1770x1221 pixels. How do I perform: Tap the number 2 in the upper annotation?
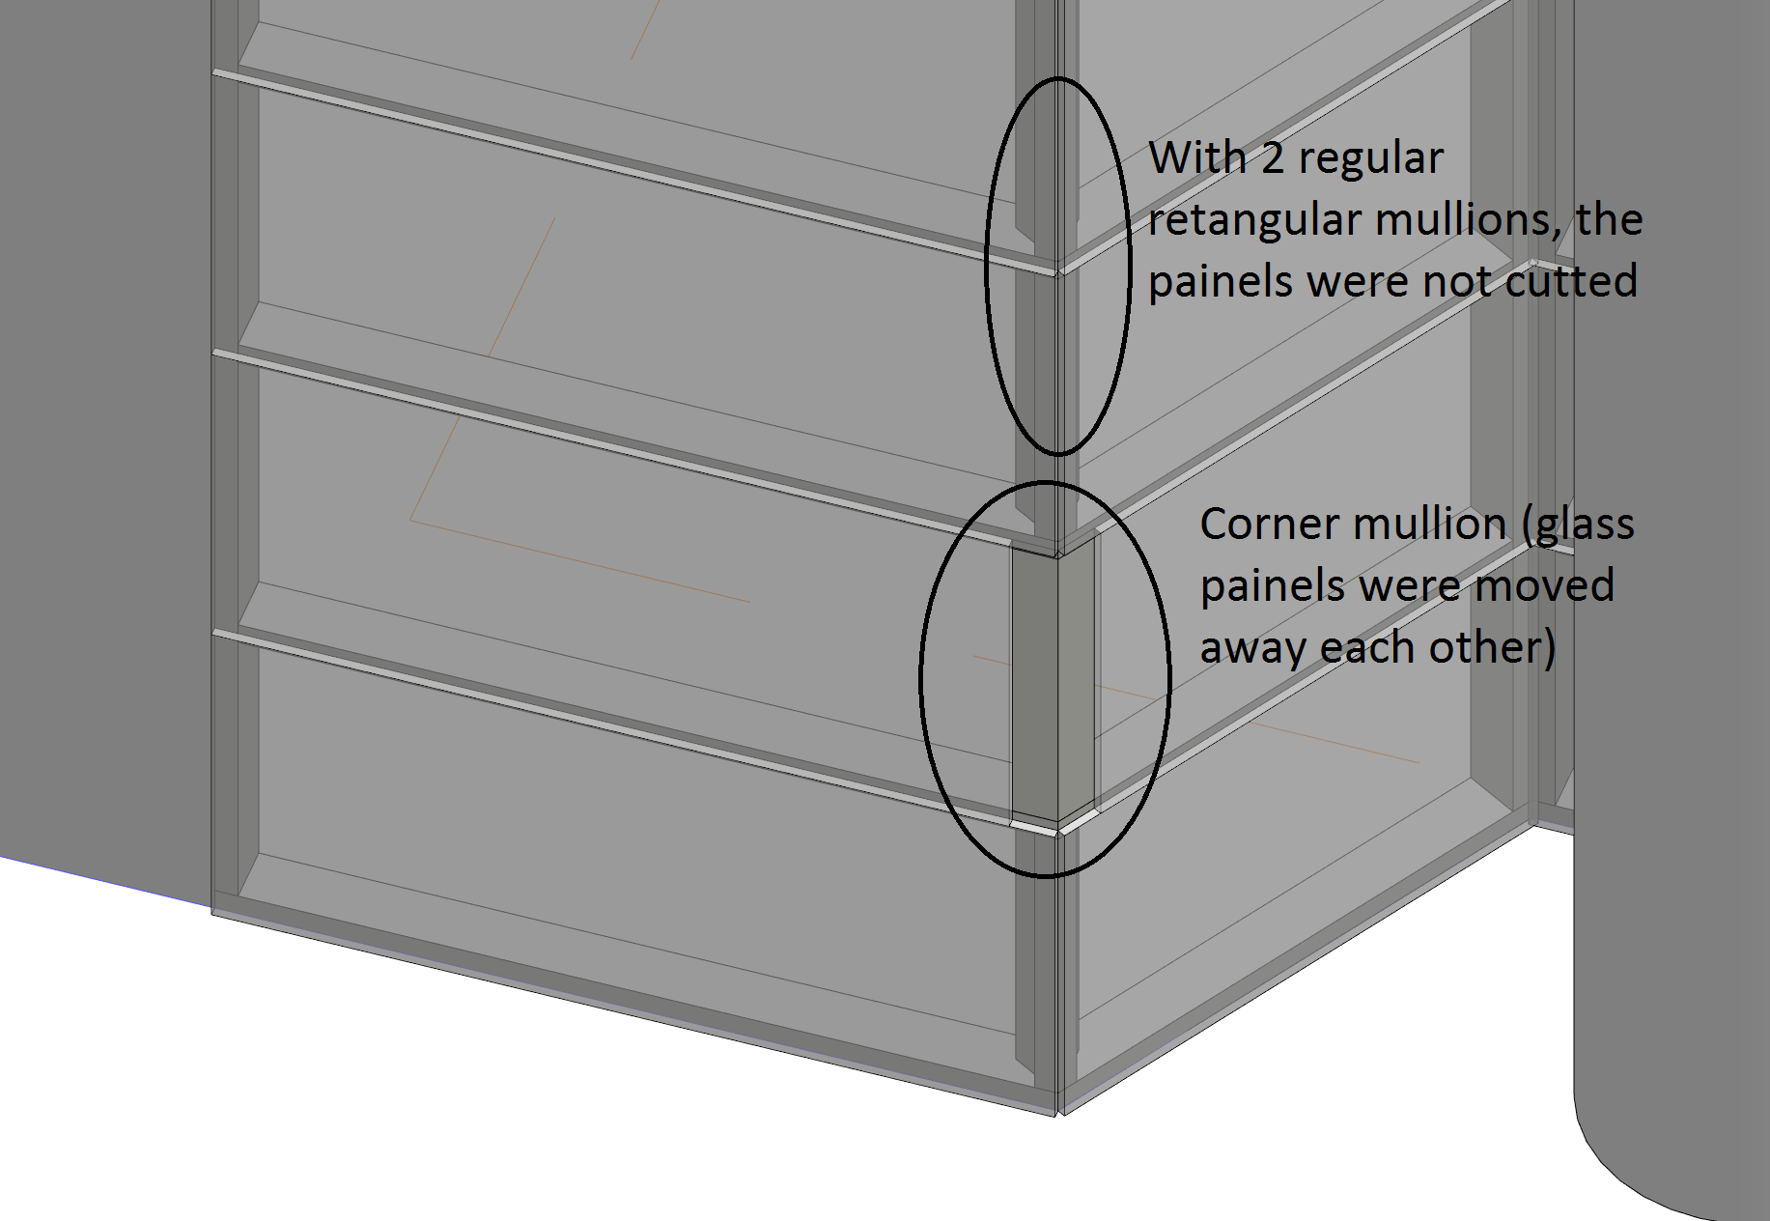[x=1273, y=157]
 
